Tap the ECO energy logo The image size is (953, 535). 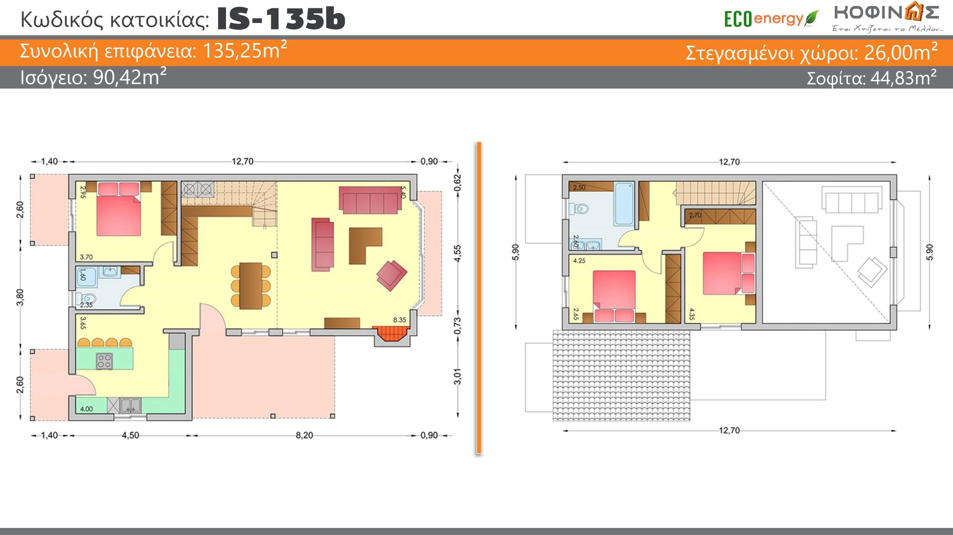(771, 19)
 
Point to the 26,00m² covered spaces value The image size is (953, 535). (901, 52)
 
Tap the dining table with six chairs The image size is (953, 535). (251, 286)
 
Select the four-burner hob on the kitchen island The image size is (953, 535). (104, 361)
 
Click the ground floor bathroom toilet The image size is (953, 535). (86, 299)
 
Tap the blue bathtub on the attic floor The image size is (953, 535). (624, 204)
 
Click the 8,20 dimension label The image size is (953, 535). (304, 435)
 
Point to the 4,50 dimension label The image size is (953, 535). (130, 435)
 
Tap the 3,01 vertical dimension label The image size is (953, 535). (458, 376)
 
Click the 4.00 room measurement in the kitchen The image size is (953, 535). (86, 409)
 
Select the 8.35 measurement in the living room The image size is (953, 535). (399, 320)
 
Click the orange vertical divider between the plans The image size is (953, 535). (479, 298)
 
